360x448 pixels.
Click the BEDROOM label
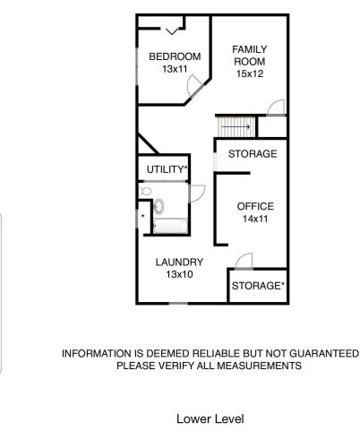(x=174, y=56)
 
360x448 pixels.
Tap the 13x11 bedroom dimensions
(x=174, y=69)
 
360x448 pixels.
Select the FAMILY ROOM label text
(x=250, y=55)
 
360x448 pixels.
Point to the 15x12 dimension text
(x=251, y=74)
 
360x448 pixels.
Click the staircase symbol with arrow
(x=236, y=126)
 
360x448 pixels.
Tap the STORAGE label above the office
(x=252, y=154)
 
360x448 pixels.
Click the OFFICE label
(x=255, y=206)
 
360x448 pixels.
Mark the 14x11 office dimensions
(x=255, y=219)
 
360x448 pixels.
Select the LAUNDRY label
(x=179, y=263)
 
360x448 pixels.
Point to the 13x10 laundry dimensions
(x=179, y=275)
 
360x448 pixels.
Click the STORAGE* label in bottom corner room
(x=258, y=286)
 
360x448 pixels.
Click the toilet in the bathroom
(x=158, y=206)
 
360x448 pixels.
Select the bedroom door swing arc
(x=193, y=86)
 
